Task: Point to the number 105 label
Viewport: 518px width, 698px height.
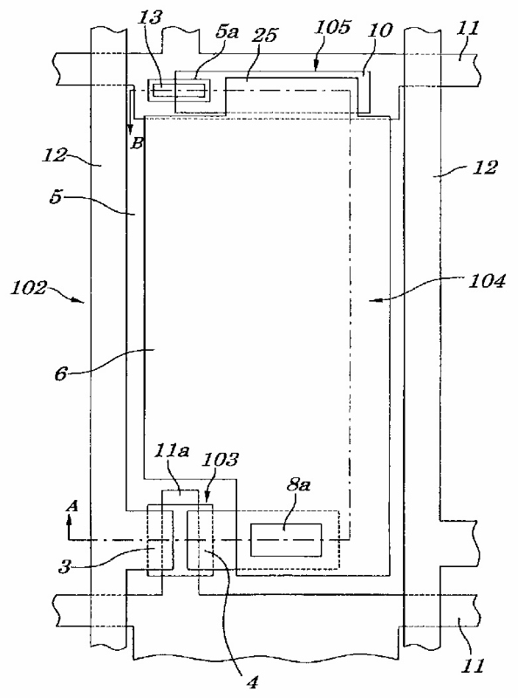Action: pyautogui.click(x=332, y=27)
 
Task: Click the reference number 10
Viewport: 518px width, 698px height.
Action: pyautogui.click(x=380, y=30)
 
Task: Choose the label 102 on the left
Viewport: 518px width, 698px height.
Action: pyautogui.click(x=29, y=288)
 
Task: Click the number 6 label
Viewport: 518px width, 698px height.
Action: pyautogui.click(x=60, y=373)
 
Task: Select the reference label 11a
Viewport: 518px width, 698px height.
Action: pyautogui.click(x=171, y=450)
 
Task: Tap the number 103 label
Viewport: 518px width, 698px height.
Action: pyautogui.click(x=220, y=459)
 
